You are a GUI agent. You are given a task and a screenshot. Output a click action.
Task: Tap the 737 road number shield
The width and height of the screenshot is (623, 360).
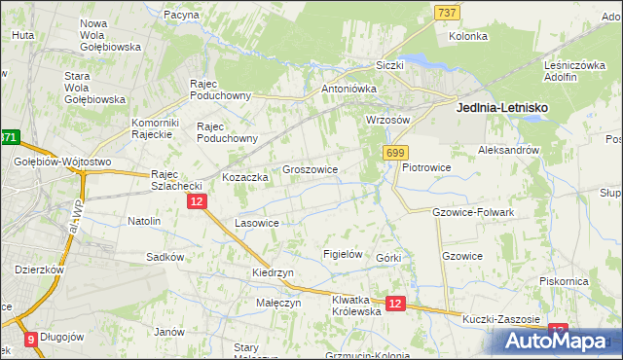447,12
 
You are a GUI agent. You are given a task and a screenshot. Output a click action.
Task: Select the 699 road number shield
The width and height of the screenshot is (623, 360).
395,153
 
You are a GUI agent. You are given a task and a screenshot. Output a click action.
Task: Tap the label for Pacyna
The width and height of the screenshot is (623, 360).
182,16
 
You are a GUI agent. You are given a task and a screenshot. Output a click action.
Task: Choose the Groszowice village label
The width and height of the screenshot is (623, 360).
310,169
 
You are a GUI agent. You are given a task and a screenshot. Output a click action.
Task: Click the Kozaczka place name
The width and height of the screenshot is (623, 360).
244,178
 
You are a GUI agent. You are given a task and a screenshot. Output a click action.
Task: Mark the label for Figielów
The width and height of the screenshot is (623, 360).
343,254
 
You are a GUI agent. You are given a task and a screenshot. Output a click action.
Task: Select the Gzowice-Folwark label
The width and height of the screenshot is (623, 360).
472,211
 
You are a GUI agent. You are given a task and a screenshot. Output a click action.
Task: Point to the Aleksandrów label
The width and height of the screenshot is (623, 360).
508,151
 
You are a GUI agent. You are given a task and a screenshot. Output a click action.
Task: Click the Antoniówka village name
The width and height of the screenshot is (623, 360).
348,89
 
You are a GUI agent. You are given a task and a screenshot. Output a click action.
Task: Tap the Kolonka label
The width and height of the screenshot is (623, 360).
467,37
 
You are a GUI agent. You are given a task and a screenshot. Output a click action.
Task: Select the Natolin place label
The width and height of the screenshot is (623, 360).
144,221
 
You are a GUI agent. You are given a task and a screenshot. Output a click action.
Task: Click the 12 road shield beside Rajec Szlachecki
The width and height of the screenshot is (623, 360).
197,201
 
